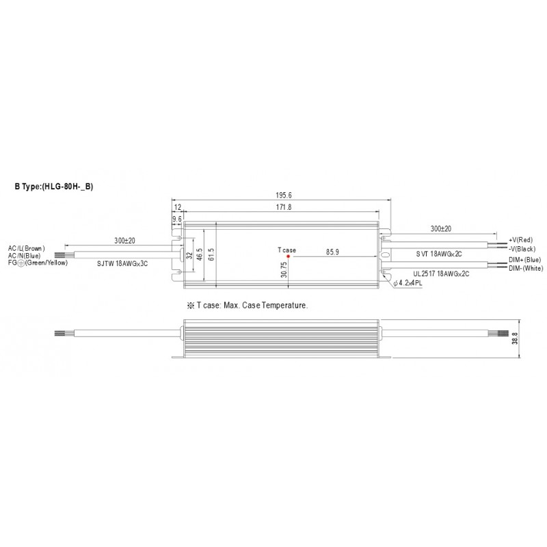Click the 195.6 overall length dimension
tap(284, 196)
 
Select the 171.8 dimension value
tap(284, 207)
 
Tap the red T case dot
tap(288, 256)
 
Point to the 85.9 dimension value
tap(332, 252)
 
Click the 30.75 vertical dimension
tap(284, 269)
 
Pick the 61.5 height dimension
tap(211, 254)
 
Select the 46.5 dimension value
tap(200, 254)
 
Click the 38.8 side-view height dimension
tap(515, 338)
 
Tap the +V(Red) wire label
tap(520, 240)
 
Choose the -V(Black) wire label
tap(522, 249)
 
